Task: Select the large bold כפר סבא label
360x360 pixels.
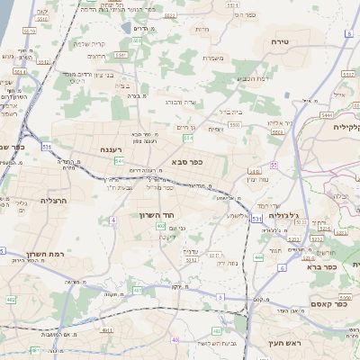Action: click(186, 162)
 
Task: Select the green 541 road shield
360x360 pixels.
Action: click(120, 160)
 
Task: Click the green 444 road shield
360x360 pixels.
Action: click(257, 257)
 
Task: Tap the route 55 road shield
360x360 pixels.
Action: click(273, 165)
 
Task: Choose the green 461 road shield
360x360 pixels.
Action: click(34, 350)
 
